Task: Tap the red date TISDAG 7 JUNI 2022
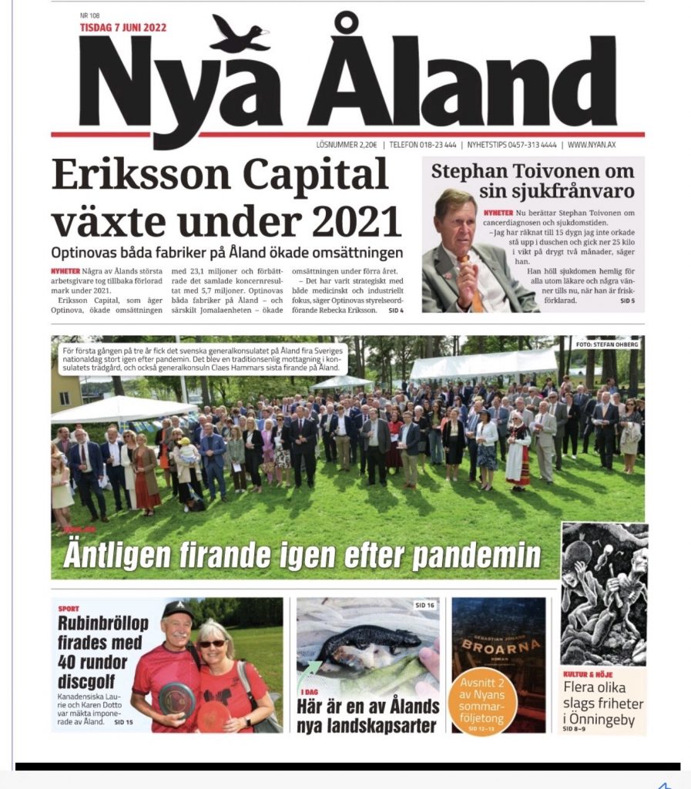123,29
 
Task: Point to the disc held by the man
176,698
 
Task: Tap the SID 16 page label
424,605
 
